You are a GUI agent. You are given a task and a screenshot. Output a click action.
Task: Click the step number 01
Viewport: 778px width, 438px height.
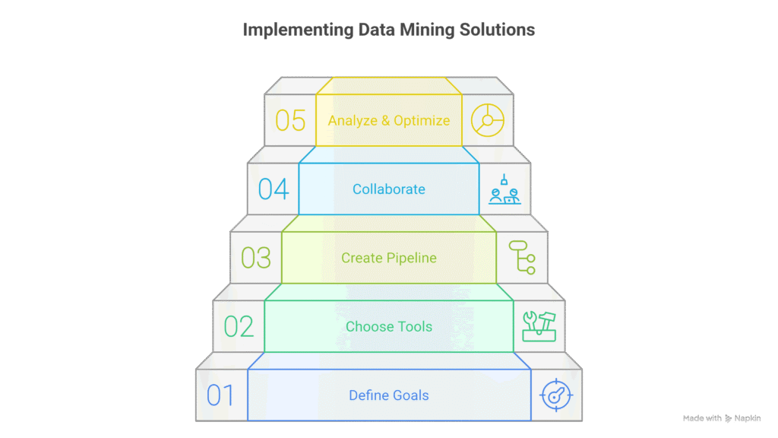(220, 395)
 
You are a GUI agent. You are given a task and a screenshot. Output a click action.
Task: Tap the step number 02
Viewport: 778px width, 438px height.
(239, 326)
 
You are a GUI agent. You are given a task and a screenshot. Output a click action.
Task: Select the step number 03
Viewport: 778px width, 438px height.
(256, 258)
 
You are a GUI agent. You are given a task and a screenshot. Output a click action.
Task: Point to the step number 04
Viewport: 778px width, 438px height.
(274, 189)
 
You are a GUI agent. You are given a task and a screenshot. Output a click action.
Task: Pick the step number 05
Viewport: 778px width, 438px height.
(290, 120)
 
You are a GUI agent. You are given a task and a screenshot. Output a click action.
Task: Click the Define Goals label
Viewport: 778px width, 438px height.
(389, 395)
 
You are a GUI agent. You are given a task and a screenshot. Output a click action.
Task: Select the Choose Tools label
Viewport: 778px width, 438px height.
(389, 327)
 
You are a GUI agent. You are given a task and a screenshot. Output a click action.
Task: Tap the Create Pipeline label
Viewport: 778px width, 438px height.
(389, 259)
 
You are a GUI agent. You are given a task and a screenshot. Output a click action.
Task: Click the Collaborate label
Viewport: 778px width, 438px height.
(389, 189)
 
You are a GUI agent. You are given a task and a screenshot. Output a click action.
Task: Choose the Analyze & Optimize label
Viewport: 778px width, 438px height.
(389, 121)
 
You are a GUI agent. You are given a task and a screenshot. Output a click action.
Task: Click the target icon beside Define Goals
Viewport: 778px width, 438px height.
(556, 395)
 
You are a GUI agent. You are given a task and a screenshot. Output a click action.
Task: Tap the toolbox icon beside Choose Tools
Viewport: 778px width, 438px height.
(539, 326)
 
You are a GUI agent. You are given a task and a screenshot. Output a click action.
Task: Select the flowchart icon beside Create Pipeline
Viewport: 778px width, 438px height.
(522, 258)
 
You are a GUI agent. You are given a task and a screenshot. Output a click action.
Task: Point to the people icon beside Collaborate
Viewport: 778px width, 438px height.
(504, 189)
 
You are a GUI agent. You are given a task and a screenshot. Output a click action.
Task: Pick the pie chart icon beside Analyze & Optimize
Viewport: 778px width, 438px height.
(487, 120)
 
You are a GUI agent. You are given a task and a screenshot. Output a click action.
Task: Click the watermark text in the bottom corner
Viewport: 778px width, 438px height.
(722, 417)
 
